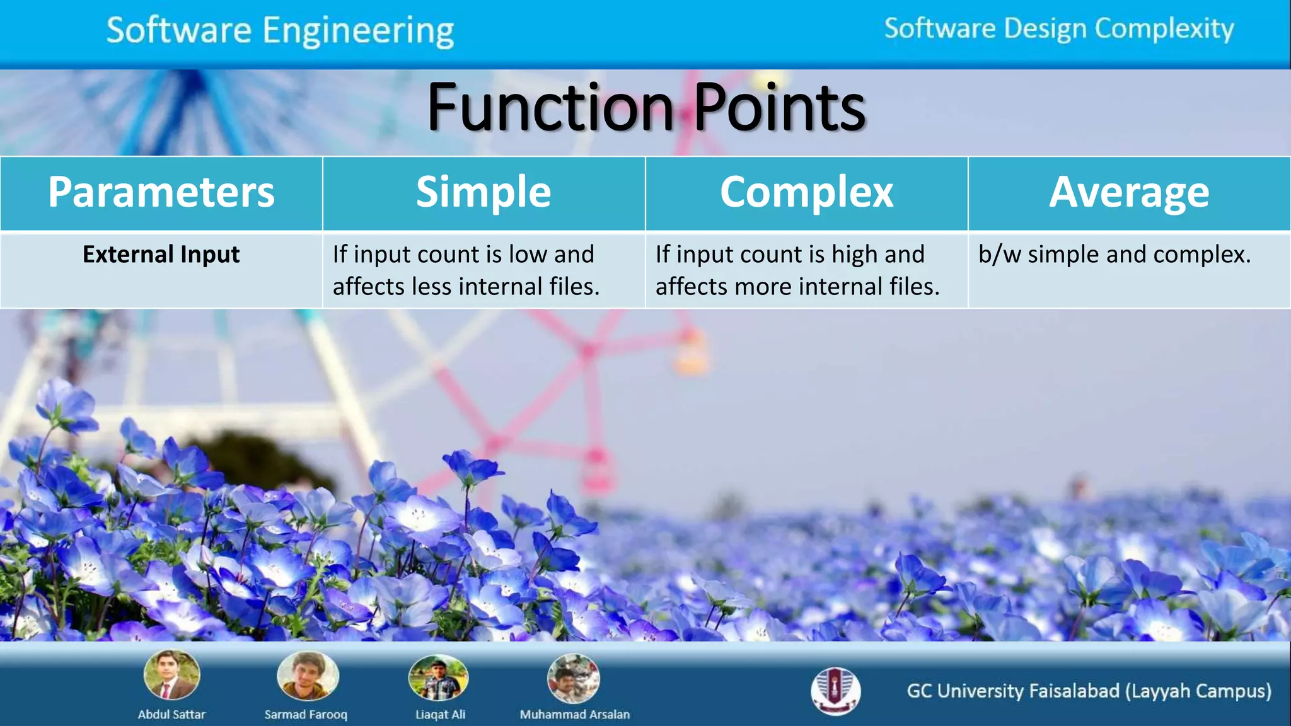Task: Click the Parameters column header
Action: (x=161, y=192)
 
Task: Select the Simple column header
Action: (x=483, y=192)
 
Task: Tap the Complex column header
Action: (x=806, y=192)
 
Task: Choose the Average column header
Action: (x=1129, y=192)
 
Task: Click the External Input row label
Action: (x=161, y=255)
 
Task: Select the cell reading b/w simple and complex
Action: (x=1114, y=255)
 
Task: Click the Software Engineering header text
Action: (x=280, y=30)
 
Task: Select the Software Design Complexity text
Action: (x=1058, y=29)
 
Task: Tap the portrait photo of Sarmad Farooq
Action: (x=308, y=676)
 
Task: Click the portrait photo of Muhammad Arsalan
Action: (x=573, y=678)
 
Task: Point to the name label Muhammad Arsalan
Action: (x=574, y=715)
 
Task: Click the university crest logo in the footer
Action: (x=835, y=691)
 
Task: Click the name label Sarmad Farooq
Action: (x=306, y=715)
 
